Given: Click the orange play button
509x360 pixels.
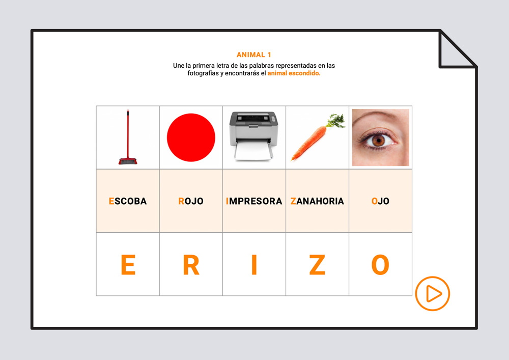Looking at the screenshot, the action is (x=432, y=293).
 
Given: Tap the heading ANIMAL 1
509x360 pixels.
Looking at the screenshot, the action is (x=254, y=55).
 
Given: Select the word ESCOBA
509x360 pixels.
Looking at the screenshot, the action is (x=128, y=201).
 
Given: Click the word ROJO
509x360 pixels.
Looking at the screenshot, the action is (x=191, y=201).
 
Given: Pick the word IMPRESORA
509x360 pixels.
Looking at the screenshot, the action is (x=254, y=201).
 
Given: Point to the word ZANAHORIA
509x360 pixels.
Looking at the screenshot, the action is (x=317, y=201).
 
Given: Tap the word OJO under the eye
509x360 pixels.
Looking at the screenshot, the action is (x=380, y=201).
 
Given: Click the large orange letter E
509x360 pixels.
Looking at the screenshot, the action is (x=128, y=265).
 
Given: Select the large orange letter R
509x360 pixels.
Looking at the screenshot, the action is (x=191, y=265).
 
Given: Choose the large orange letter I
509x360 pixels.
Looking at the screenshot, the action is (x=254, y=265).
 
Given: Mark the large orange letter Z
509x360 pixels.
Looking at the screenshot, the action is (x=317, y=265).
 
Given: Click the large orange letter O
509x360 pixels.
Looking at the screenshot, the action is (x=380, y=265).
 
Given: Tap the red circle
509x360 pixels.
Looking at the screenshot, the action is (x=191, y=137).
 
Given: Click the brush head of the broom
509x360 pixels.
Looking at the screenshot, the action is (x=128, y=161).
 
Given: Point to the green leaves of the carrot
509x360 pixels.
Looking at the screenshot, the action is (x=336, y=121).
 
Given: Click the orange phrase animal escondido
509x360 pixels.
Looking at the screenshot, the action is (x=294, y=73).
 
